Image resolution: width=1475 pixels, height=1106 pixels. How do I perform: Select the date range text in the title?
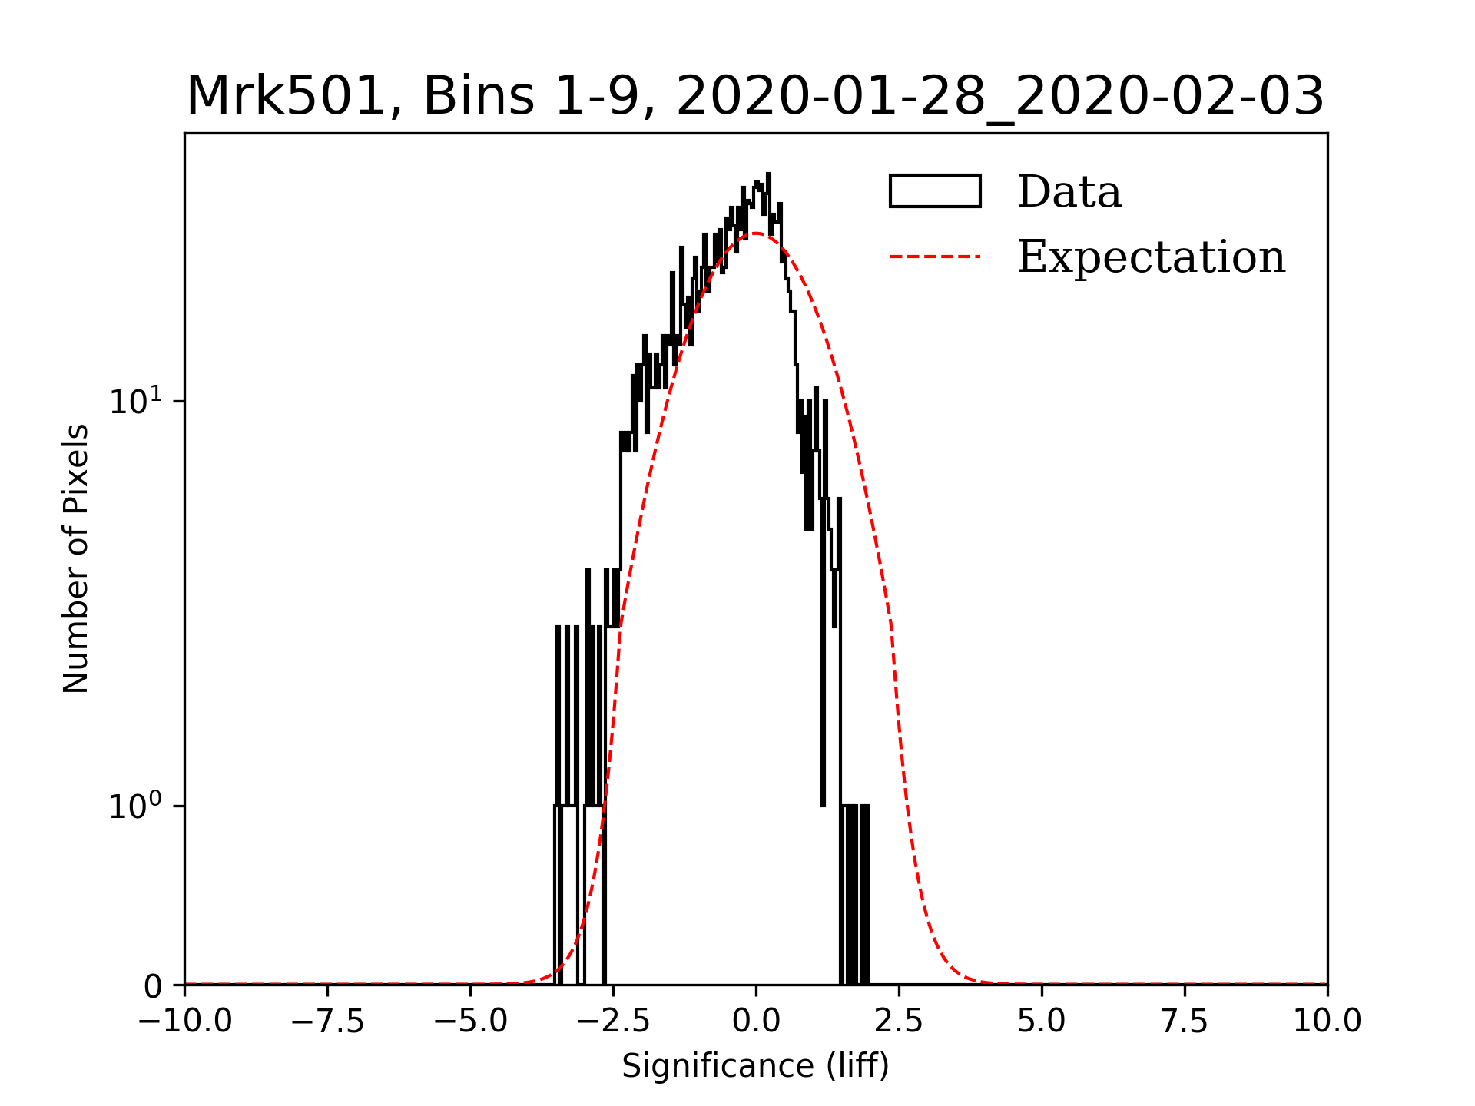(x=999, y=97)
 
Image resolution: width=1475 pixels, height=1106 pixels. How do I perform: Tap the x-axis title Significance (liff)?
(x=755, y=1066)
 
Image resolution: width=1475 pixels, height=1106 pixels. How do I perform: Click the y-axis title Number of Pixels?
(x=76, y=558)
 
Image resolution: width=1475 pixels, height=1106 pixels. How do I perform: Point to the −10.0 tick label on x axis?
(x=184, y=1021)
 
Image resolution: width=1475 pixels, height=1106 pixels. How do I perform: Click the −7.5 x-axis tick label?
(x=327, y=1021)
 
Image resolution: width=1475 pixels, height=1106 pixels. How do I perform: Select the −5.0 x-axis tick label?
(x=470, y=1021)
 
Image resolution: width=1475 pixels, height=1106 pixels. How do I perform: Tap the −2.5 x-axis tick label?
(x=613, y=1021)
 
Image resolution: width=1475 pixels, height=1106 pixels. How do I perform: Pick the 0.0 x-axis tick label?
(x=756, y=1021)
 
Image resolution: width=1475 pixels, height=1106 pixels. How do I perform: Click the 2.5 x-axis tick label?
(x=899, y=1021)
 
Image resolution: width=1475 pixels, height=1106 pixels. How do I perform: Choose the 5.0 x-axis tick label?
(x=1042, y=1021)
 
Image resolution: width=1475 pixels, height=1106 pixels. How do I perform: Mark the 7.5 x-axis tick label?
(x=1185, y=1021)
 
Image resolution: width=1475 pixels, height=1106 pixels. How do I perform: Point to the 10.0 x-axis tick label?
(x=1327, y=1021)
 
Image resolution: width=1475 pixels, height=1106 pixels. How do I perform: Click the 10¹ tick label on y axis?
(x=137, y=400)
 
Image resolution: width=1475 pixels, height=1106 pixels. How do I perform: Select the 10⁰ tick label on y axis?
(x=137, y=806)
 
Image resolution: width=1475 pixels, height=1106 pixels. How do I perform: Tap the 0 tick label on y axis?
(x=153, y=986)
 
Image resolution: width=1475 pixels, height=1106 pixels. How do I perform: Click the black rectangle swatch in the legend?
(x=935, y=191)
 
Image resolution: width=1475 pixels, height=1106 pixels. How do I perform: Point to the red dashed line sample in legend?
(x=935, y=257)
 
